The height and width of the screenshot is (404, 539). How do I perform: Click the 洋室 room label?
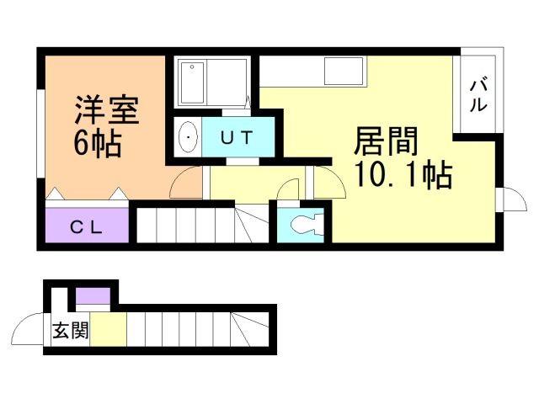pos(106,109)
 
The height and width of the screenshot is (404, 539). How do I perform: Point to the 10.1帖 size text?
pos(403,176)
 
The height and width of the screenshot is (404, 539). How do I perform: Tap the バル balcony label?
pos(478,94)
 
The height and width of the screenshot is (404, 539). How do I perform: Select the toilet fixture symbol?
pos(302,225)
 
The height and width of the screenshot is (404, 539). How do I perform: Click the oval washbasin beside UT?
pos(188,136)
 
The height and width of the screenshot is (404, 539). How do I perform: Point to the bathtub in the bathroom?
pos(193,82)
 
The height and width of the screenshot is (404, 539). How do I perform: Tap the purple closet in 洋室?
pos(87,226)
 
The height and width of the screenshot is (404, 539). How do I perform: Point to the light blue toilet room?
pos(301,225)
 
